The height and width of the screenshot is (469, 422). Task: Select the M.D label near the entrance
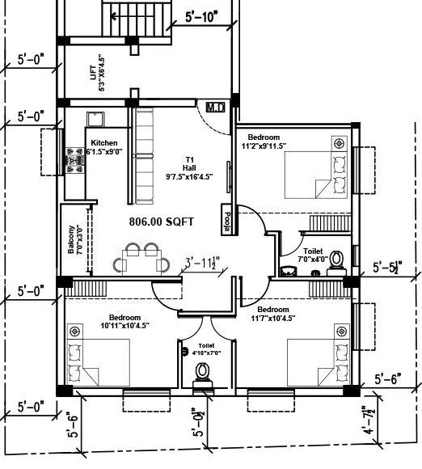tap(214, 107)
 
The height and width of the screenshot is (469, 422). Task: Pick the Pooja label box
tap(226, 221)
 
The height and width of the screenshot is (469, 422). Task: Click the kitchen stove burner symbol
tap(76, 162)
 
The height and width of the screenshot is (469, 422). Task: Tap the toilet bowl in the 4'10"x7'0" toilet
tap(202, 371)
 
